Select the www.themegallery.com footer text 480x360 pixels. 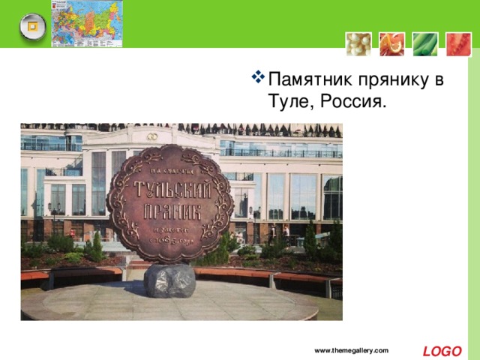tap(352, 351)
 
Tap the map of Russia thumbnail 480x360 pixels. tap(87, 23)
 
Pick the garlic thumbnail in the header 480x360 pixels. tap(358, 44)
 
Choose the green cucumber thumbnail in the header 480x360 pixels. tap(425, 44)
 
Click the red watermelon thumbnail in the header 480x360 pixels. tap(458, 44)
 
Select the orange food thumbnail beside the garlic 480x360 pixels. tap(391, 44)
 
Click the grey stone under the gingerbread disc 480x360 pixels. tap(169, 280)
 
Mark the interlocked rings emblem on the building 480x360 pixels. tap(152, 136)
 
